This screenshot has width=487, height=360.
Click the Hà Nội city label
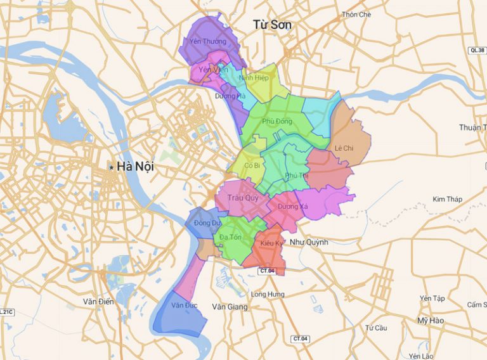click(x=136, y=167)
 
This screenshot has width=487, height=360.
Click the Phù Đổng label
click(x=276, y=121)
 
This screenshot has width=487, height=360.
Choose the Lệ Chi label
click(x=344, y=148)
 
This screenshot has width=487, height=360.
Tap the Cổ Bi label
click(x=252, y=165)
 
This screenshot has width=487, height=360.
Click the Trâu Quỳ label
click(x=237, y=197)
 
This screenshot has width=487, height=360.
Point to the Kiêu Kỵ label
click(x=271, y=243)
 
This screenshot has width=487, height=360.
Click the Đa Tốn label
click(x=231, y=237)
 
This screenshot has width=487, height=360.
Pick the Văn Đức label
click(x=185, y=305)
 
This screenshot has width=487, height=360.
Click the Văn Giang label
click(x=228, y=307)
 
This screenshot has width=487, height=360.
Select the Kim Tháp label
click(x=447, y=199)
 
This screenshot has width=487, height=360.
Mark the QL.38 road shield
click(x=476, y=49)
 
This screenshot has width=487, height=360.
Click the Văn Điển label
click(x=98, y=302)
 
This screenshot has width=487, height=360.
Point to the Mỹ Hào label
click(x=431, y=321)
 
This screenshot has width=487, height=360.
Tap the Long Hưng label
click(x=268, y=294)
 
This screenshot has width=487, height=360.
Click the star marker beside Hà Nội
click(x=112, y=167)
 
